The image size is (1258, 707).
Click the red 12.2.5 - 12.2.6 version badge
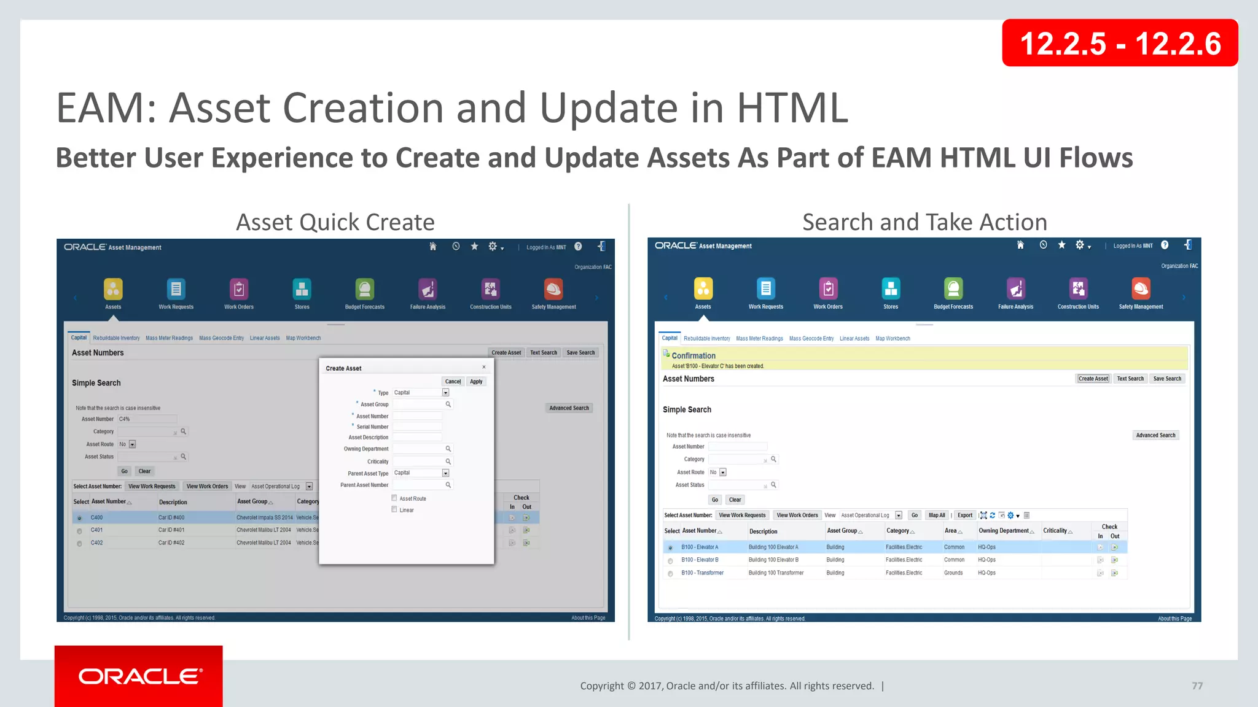[1119, 43]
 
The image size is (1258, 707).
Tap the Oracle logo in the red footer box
[139, 676]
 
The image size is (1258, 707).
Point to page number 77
[1197, 686]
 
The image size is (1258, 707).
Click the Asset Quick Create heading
[335, 222]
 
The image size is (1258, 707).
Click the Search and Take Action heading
[924, 222]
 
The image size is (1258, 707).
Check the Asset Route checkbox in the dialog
[394, 498]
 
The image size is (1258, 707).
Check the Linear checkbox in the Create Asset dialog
[394, 509]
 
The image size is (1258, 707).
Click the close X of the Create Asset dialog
[484, 367]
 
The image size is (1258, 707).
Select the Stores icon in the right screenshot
[890, 288]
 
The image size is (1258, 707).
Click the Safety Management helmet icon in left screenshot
[553, 289]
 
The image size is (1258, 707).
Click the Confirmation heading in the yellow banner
[693, 355]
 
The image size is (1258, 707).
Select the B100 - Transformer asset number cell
[702, 573]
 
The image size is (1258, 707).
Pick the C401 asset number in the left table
[96, 530]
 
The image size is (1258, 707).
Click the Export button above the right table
[964, 516]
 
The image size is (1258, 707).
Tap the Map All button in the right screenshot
[937, 516]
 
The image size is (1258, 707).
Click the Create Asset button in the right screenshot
[1093, 379]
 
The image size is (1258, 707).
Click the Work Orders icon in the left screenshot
[239, 289]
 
